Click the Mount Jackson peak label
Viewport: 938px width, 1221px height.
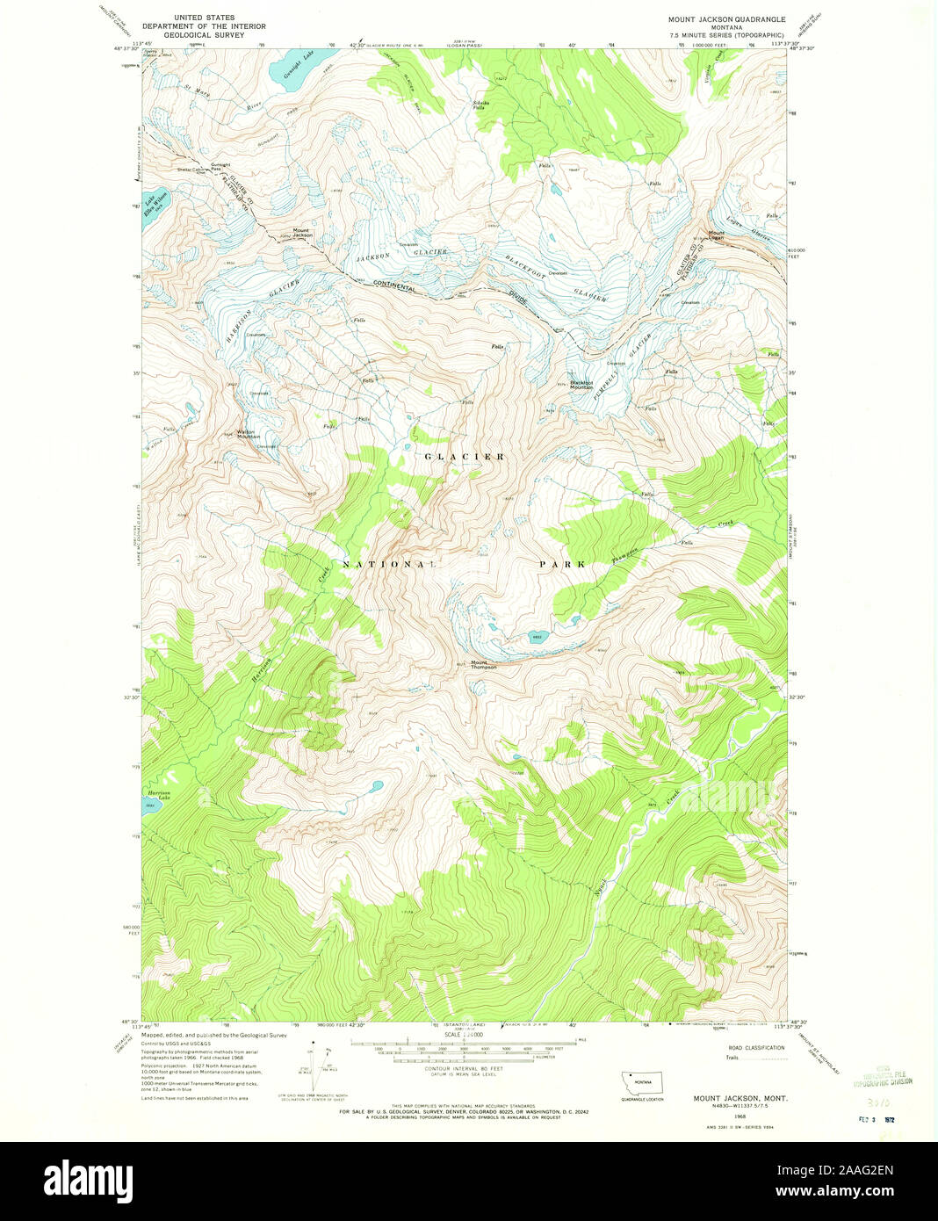302,234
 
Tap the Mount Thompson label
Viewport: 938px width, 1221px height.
483,665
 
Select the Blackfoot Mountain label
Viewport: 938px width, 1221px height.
581,384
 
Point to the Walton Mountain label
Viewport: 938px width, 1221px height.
248,434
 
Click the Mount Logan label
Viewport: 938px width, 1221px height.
717,235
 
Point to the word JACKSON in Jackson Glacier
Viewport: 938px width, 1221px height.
372,256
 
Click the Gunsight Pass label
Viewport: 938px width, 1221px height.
220,166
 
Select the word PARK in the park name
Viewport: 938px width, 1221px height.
561,564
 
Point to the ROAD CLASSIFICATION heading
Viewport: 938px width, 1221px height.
756,1048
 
